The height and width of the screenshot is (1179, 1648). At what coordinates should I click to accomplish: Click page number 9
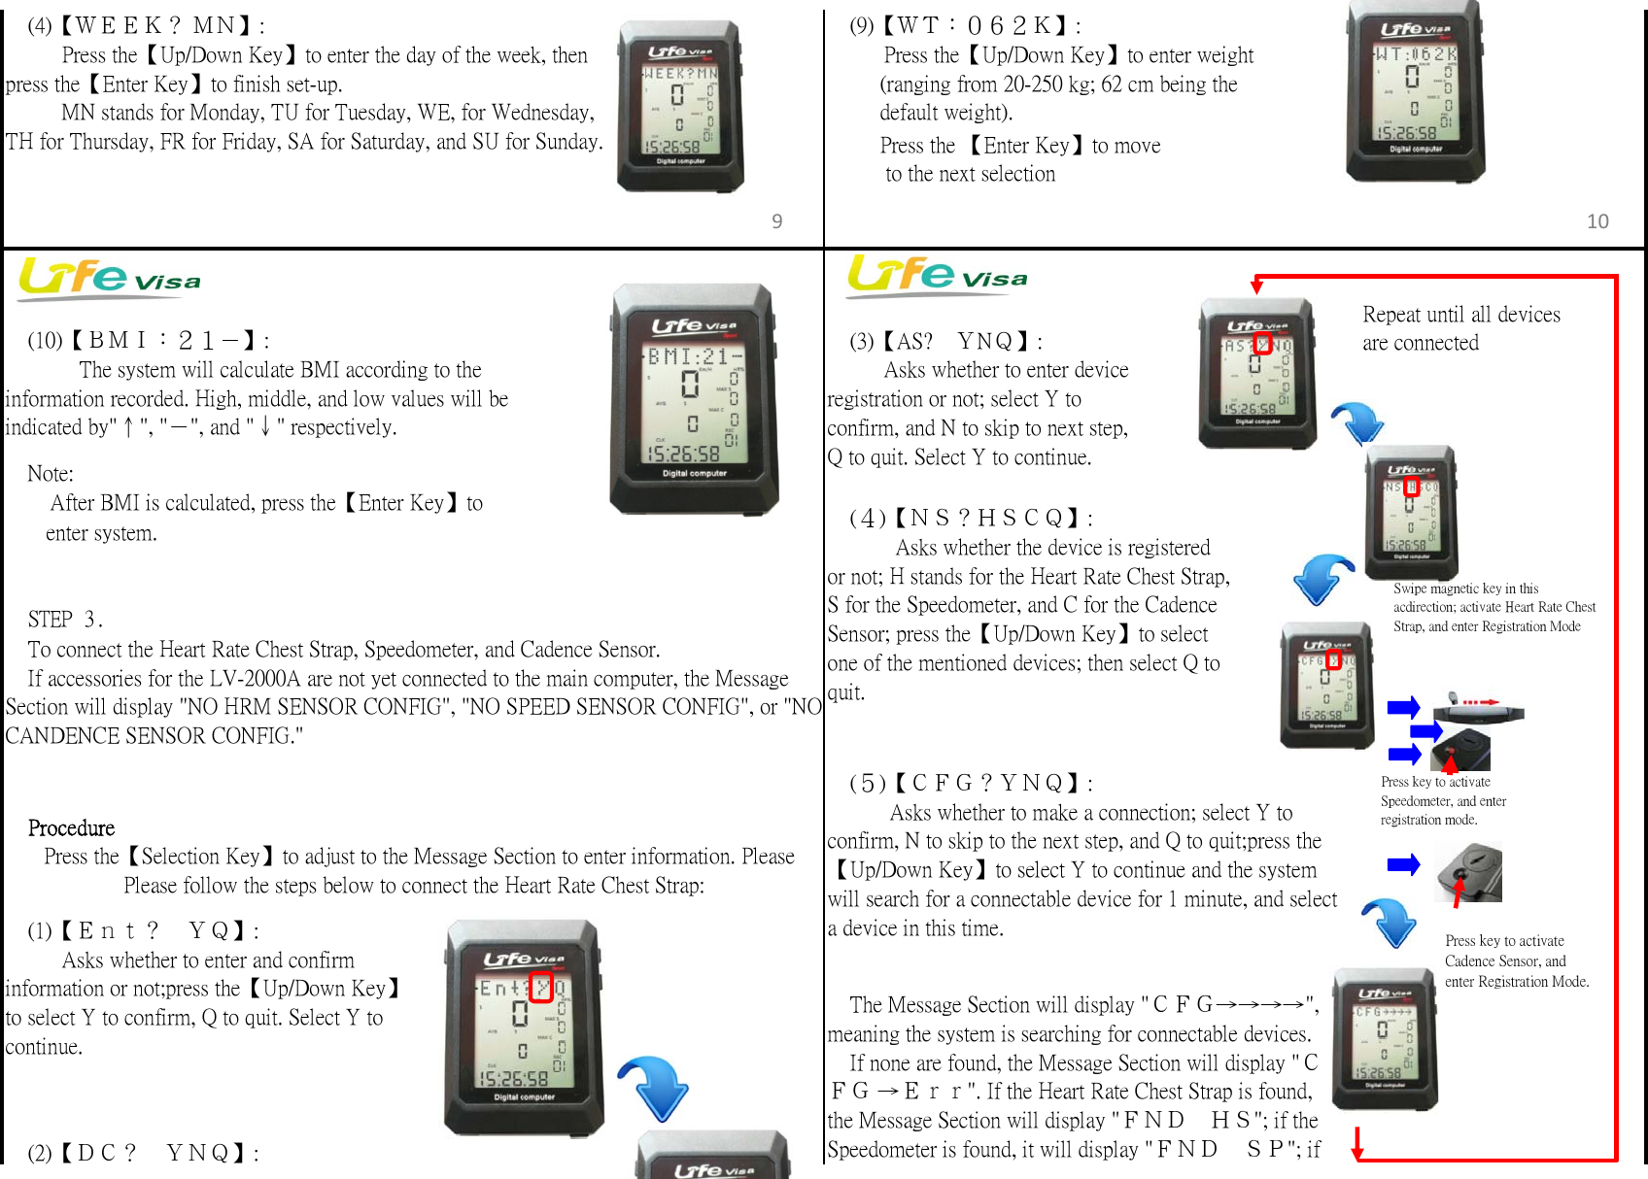776,221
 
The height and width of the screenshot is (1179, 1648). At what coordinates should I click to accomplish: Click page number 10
1597,221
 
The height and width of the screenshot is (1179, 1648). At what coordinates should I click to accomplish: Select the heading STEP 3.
65,620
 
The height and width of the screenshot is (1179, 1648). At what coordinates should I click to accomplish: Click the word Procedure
71,828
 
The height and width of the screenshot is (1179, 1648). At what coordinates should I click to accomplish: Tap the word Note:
51,474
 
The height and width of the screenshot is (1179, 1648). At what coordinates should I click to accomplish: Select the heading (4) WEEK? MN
146,26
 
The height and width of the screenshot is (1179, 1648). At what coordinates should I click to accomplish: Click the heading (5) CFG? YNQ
971,784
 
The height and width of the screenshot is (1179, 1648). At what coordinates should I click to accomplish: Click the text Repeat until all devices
1460,315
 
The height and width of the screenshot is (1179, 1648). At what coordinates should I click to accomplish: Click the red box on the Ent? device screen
541,988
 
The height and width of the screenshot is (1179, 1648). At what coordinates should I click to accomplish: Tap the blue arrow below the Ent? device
655,1088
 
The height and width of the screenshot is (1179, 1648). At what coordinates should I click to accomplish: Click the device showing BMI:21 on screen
691,398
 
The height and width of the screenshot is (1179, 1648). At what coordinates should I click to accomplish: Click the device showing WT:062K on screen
1415,92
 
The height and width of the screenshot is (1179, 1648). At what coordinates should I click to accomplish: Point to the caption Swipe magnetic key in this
1465,589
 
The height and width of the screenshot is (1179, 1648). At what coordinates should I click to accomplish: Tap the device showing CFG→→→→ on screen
1384,1039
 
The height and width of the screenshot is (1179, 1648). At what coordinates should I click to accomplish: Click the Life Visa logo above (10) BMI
109,278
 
